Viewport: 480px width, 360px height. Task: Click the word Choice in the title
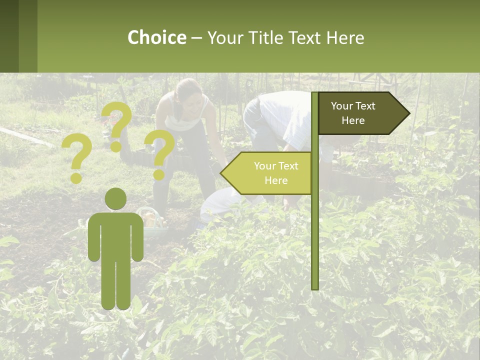point(156,38)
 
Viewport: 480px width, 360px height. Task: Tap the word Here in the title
point(345,38)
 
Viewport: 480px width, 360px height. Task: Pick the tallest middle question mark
point(117,125)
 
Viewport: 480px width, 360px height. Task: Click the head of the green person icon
point(115,199)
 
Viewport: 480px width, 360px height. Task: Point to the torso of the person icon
point(115,235)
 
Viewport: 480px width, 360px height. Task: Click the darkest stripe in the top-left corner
point(9,36)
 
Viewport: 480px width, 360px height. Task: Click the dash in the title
point(196,38)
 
